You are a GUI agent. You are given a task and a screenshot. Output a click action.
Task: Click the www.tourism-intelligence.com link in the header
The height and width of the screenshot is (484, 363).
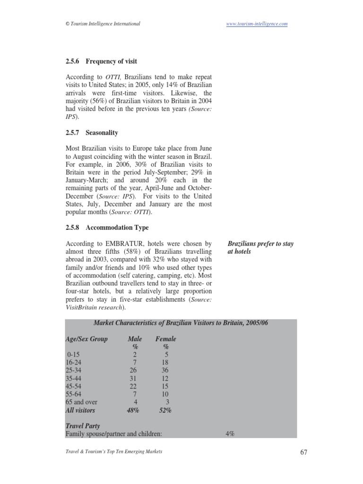pos(257,24)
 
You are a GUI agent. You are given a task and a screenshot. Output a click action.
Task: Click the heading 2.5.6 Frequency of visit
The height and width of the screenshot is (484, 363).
pos(101,61)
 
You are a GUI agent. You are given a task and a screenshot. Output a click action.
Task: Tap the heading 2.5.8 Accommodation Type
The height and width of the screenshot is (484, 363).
pos(107,227)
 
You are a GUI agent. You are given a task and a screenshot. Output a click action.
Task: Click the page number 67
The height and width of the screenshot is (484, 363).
pos(303,452)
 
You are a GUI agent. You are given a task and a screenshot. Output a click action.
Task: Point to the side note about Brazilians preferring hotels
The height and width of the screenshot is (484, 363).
pos(260,248)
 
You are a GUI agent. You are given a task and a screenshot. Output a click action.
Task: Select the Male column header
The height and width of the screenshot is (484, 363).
pos(135,339)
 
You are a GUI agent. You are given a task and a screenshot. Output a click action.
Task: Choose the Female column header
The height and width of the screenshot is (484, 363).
pos(165,339)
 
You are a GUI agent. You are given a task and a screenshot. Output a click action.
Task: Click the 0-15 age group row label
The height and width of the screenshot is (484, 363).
pos(74,354)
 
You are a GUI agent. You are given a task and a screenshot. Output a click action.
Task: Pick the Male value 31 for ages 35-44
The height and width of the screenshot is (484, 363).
pos(134,378)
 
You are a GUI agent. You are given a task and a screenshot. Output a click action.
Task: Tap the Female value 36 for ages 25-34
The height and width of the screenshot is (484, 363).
pos(165,370)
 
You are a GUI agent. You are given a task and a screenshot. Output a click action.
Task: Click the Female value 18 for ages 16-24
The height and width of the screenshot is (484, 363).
pos(165,362)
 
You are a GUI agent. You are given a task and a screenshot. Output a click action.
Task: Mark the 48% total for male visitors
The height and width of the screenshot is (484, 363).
pos(133,410)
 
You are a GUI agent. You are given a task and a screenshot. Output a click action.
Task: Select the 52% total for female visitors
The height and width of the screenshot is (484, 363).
pos(165,410)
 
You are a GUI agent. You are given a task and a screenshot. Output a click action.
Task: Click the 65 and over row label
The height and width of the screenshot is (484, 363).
pos(81,402)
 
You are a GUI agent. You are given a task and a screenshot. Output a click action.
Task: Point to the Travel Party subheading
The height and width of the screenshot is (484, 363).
pos(83,426)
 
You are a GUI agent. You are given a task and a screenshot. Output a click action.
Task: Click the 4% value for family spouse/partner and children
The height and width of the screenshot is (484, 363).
pos(230,433)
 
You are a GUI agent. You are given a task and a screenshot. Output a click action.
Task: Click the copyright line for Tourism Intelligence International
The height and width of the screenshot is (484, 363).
pos(103,24)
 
